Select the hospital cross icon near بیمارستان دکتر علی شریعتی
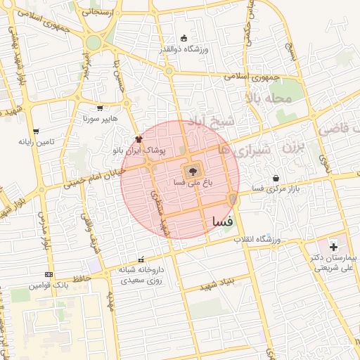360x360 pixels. pyautogui.click(x=333, y=247)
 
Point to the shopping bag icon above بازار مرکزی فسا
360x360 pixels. pyautogui.click(x=276, y=177)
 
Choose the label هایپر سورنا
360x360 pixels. pyautogui.click(x=100, y=120)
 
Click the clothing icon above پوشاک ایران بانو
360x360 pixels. pyautogui.click(x=138, y=139)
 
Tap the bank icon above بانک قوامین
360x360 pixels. pyautogui.click(x=49, y=274)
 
